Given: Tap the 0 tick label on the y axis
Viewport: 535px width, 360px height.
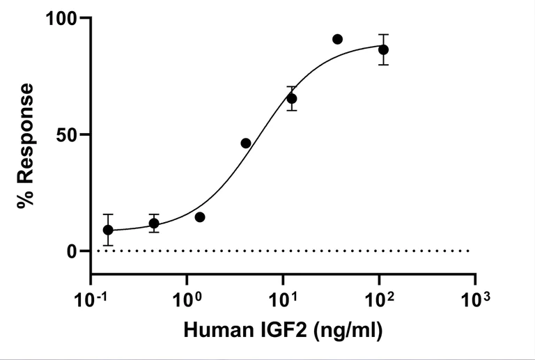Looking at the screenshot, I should [x=74, y=251].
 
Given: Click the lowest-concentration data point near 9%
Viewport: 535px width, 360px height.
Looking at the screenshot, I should [x=108, y=230].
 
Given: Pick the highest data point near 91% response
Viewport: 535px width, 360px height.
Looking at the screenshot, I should [x=338, y=39].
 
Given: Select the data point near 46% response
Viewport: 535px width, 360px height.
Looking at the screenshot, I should [x=246, y=143].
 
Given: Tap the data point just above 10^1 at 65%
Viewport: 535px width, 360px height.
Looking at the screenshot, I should [x=292, y=99].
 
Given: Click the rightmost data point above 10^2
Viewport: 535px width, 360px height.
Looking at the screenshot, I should [x=383, y=49].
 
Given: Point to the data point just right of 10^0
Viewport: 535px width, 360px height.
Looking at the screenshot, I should [x=200, y=217].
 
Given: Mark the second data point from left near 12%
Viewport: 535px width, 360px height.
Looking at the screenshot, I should [x=154, y=224].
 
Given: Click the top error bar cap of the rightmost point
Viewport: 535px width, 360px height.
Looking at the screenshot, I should [x=383, y=34].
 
